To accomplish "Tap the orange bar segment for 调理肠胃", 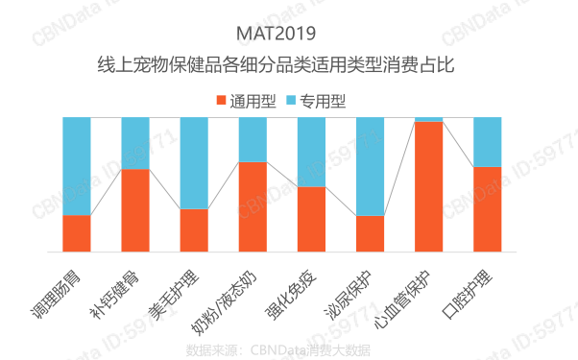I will pos(77,233).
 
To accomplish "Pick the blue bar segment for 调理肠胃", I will pos(77,165).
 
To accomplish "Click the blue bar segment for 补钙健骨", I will pos(135,142).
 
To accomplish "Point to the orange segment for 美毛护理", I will pos(194,230).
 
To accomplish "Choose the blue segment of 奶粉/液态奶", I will pos(253,139).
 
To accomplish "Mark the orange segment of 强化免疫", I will pos(311,219).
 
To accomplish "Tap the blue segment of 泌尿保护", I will pos(370,166).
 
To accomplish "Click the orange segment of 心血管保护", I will pos(428,186).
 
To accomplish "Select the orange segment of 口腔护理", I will pos(487,209).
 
